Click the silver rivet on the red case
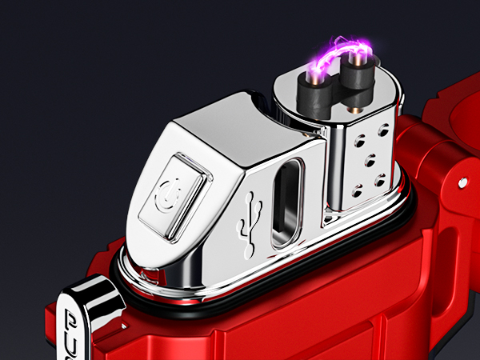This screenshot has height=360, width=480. click(x=462, y=183)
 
